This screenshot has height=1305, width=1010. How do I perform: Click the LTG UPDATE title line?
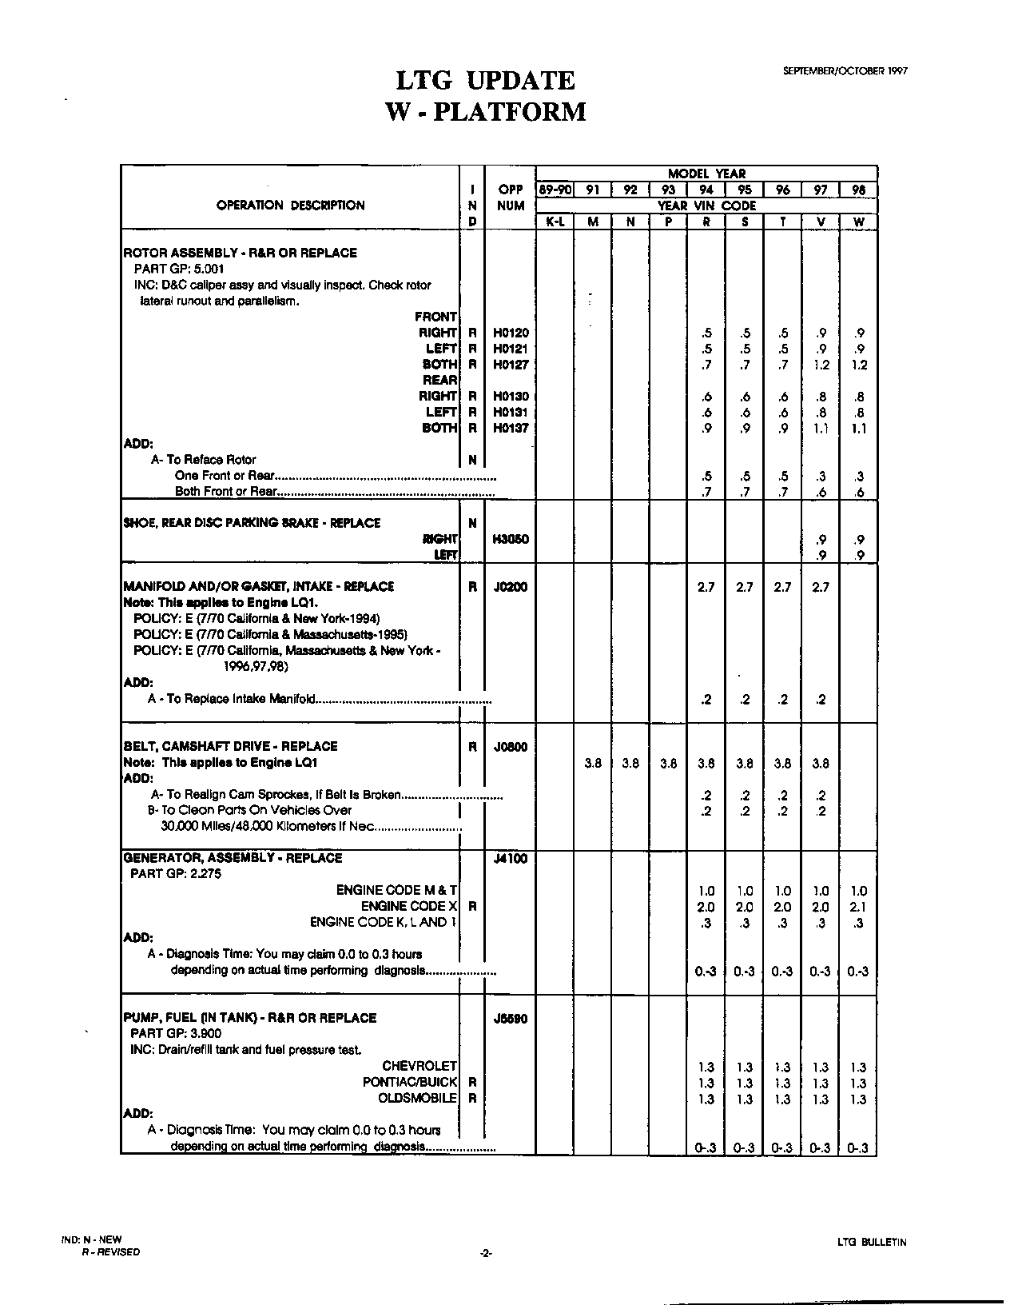click(x=486, y=80)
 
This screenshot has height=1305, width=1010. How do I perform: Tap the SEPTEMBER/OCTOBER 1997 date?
click(x=845, y=70)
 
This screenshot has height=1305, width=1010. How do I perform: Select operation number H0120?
click(x=511, y=333)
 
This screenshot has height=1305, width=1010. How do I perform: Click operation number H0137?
click(x=511, y=428)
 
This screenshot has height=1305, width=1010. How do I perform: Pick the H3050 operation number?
click(x=511, y=539)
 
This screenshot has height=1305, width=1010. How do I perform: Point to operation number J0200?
click(x=511, y=587)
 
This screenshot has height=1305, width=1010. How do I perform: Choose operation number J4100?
click(x=511, y=859)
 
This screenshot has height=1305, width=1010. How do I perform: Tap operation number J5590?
click(x=511, y=1019)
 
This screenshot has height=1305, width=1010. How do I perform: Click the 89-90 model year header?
click(x=555, y=190)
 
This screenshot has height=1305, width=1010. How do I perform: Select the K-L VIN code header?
click(x=555, y=222)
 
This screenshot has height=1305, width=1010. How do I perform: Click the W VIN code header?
click(x=859, y=222)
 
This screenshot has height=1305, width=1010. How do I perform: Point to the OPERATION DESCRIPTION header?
click(x=290, y=206)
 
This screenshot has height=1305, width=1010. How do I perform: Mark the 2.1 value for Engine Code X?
click(x=859, y=907)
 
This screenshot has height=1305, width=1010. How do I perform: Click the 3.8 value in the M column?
click(x=592, y=764)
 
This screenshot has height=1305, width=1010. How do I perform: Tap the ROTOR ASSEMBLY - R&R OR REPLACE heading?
click(x=241, y=253)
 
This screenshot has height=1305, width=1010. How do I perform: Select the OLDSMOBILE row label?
click(x=417, y=1098)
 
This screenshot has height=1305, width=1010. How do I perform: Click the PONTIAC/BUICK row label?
click(x=410, y=1082)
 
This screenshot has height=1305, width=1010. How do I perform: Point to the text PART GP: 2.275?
click(x=176, y=874)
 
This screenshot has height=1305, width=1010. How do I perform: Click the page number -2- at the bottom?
click(x=485, y=1253)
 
